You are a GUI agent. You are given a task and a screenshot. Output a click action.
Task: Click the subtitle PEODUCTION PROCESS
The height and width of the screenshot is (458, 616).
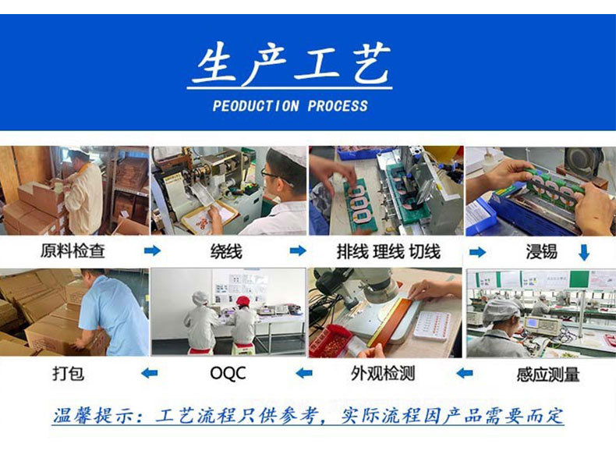(290, 106)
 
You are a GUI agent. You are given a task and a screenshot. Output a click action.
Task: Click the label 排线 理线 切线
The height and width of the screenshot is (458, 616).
(388, 251)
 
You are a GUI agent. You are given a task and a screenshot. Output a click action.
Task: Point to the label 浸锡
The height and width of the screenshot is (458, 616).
(541, 251)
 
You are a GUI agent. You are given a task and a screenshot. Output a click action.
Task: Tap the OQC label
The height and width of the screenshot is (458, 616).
(228, 374)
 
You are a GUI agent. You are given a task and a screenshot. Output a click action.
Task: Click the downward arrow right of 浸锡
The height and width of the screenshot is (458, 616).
(583, 252)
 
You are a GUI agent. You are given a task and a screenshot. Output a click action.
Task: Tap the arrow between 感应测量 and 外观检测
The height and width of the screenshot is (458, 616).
(464, 374)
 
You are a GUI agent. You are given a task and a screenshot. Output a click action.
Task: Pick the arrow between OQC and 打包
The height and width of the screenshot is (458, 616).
(148, 374)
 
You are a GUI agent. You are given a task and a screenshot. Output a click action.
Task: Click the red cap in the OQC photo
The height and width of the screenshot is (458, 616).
(243, 300)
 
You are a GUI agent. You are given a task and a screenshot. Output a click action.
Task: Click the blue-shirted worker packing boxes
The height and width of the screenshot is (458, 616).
(113, 312)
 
